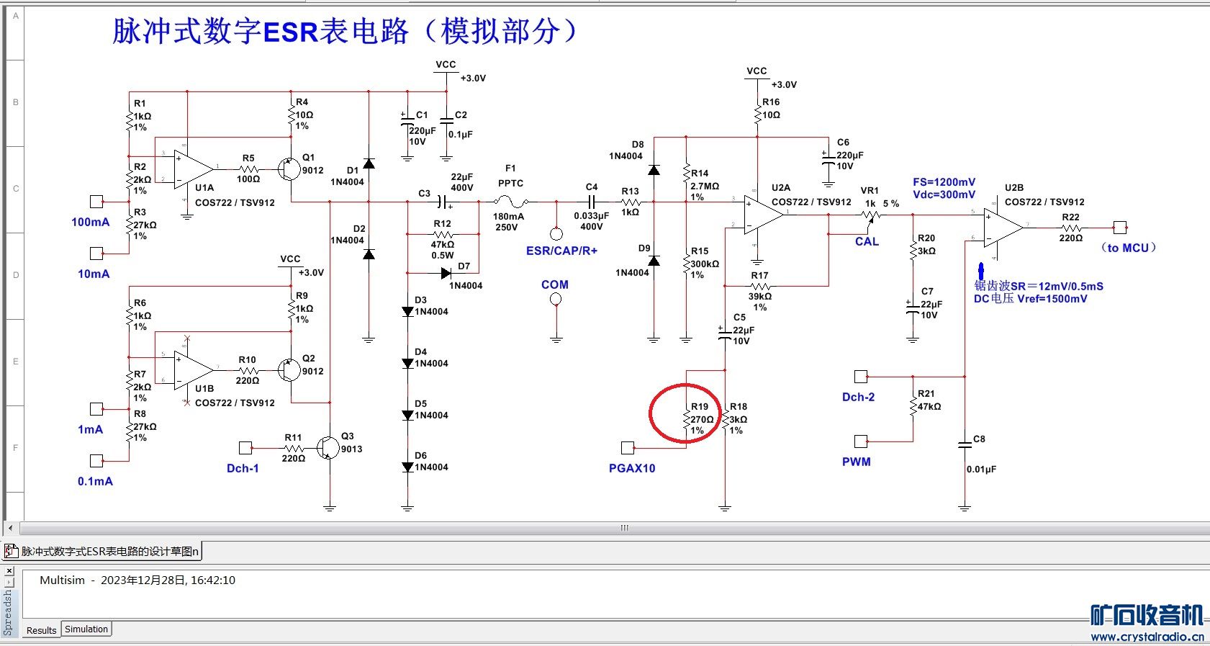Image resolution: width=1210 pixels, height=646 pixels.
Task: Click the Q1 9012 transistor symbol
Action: pyautogui.click(x=289, y=170)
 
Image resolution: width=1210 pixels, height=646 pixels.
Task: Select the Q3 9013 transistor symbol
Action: pyautogui.click(x=328, y=448)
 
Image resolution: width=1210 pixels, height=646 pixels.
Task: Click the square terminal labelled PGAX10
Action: pyautogui.click(x=628, y=448)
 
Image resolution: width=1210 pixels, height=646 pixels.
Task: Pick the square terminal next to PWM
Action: pyautogui.click(x=861, y=441)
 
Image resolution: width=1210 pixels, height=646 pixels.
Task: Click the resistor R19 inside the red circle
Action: pyautogui.click(x=686, y=420)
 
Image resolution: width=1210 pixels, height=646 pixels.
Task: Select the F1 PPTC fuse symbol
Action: pyautogui.click(x=512, y=202)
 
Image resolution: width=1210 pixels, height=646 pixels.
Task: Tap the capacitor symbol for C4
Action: pyautogui.click(x=592, y=202)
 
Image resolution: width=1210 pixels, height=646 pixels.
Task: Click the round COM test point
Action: pyautogui.click(x=556, y=299)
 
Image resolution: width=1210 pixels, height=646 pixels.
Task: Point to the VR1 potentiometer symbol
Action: pyautogui.click(x=870, y=215)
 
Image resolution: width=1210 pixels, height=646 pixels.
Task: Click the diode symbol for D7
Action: pyautogui.click(x=446, y=273)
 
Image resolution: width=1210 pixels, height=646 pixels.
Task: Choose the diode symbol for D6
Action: pyautogui.click(x=407, y=467)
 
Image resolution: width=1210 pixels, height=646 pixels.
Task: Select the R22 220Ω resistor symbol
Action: pyautogui.click(x=1071, y=228)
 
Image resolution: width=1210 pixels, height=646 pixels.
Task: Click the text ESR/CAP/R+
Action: pyautogui.click(x=561, y=251)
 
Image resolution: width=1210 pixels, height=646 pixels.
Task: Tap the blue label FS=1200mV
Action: pyautogui.click(x=944, y=182)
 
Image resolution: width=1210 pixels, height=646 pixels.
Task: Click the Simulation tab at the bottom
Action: pyautogui.click(x=86, y=629)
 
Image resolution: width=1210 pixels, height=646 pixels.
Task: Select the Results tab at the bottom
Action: pyautogui.click(x=41, y=630)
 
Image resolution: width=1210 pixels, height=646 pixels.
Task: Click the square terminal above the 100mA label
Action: pyautogui.click(x=96, y=202)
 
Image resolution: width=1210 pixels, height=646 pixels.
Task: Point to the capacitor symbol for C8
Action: pyautogui.click(x=965, y=445)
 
